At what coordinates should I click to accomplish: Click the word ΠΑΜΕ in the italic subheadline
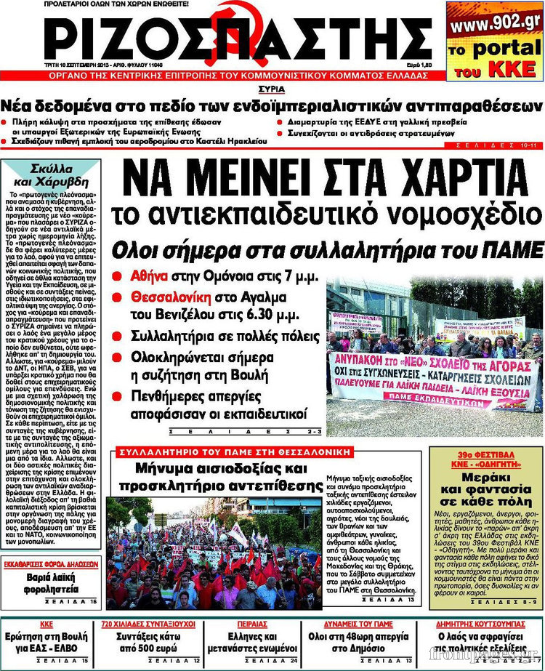(512, 250)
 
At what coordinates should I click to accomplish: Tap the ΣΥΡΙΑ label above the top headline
(270, 89)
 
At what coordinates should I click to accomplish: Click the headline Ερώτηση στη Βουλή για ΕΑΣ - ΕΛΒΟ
(49, 642)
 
